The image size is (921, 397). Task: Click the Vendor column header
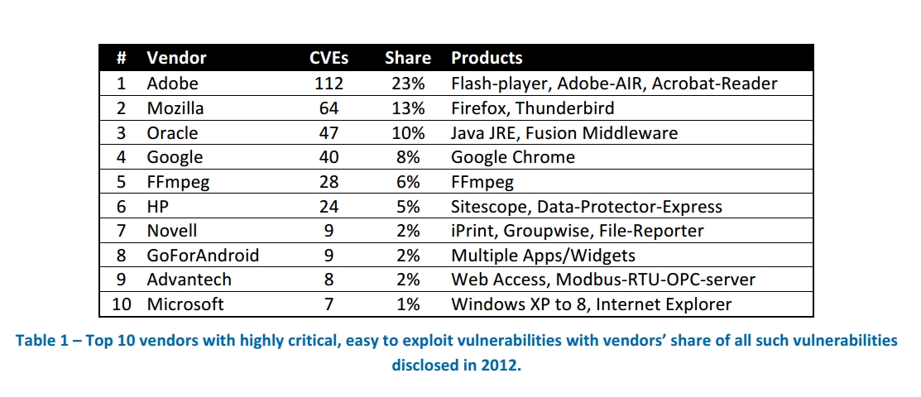(x=176, y=58)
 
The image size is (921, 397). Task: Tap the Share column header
(x=408, y=58)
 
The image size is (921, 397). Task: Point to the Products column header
(x=487, y=58)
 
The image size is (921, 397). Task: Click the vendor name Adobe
(x=172, y=83)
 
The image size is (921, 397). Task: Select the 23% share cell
(x=408, y=83)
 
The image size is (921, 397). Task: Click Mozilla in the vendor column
(x=175, y=108)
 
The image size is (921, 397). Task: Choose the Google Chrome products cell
(x=513, y=157)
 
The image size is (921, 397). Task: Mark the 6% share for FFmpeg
(x=408, y=181)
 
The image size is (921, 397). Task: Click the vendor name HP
(x=158, y=206)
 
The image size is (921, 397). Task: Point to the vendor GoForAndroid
(x=203, y=255)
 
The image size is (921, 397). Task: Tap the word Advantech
(x=189, y=280)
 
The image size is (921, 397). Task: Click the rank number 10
(x=122, y=304)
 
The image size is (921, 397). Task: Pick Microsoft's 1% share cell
(x=408, y=304)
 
